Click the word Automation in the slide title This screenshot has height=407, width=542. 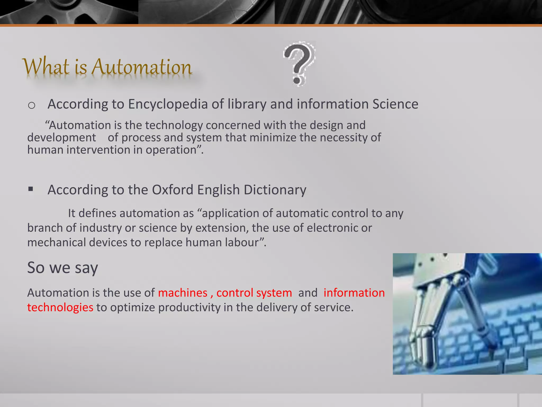pos(142,67)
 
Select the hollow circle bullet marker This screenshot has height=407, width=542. pos(31,105)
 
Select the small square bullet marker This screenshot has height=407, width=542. pos(31,189)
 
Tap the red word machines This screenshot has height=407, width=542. pos(183,293)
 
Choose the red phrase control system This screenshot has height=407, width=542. pos(254,293)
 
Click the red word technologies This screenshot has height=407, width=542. pos(60,307)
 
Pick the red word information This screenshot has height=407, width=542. pos(354,293)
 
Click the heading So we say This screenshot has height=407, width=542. pos(62,268)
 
